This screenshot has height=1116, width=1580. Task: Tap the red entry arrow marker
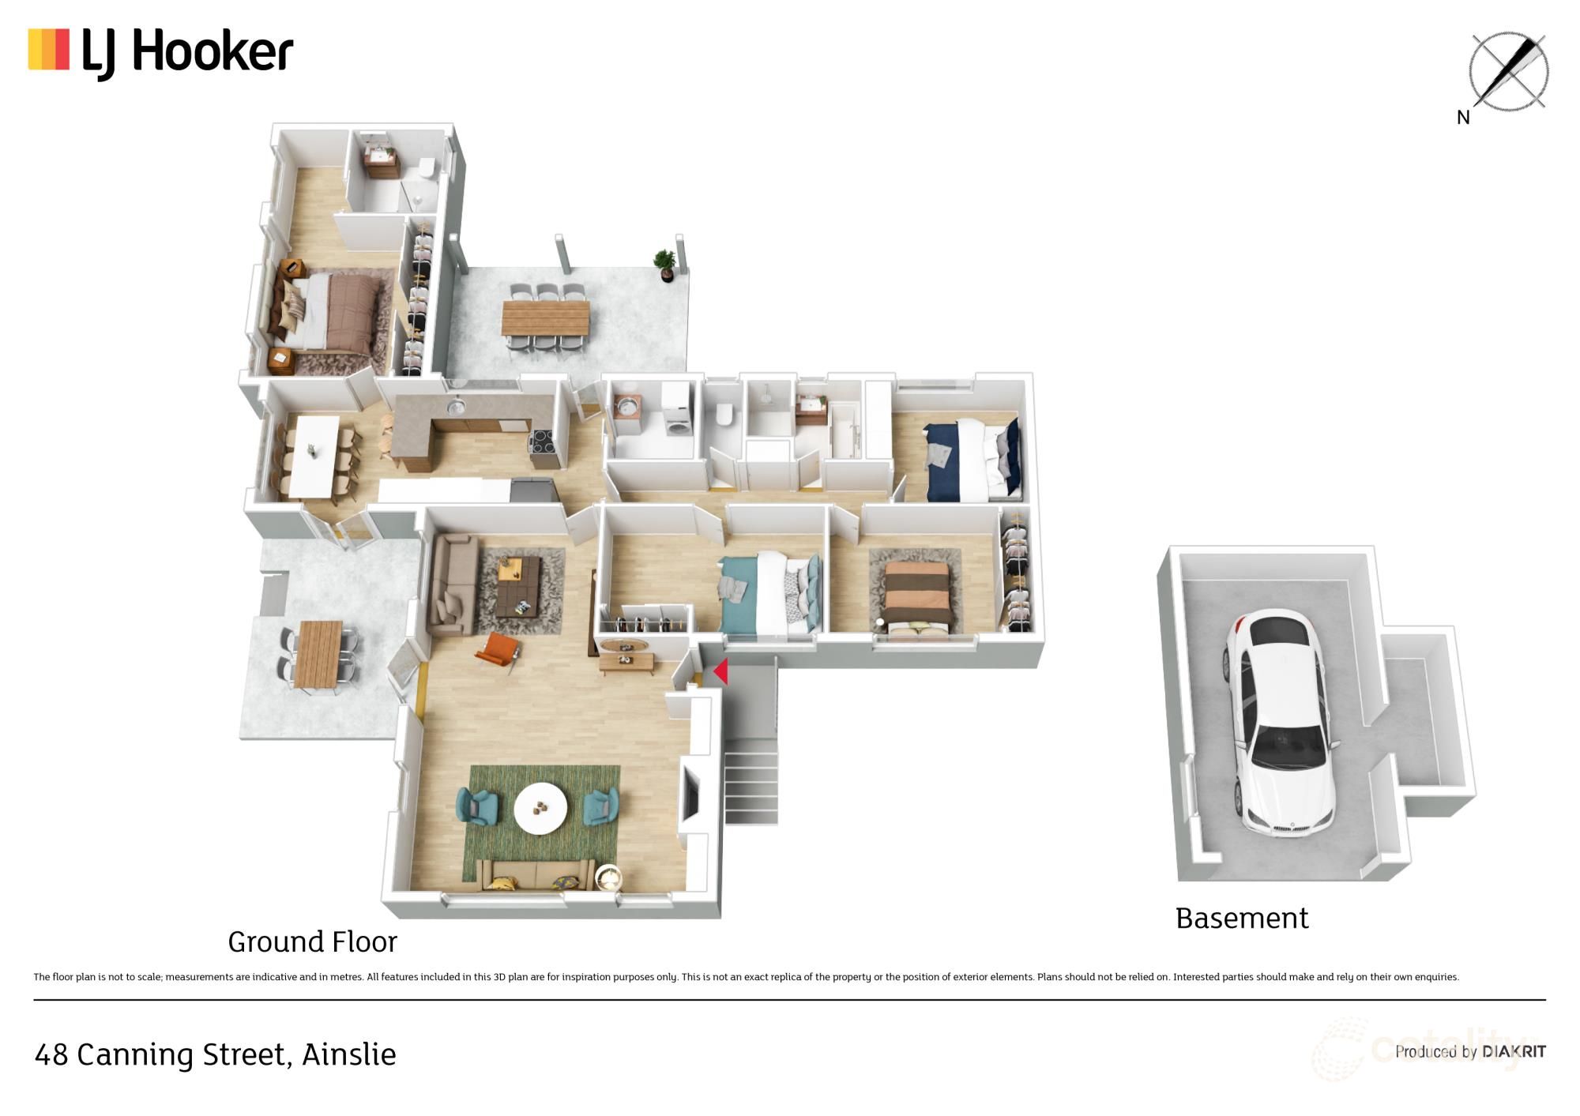click(720, 671)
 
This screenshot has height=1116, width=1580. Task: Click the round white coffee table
click(540, 808)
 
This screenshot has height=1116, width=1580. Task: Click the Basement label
click(1242, 919)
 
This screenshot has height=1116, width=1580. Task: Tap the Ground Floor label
click(312, 941)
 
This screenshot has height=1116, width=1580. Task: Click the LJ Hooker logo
click(160, 53)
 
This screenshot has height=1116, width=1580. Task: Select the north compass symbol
click(1507, 73)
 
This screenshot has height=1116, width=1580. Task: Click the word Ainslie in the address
click(349, 1054)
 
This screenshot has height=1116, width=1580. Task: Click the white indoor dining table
click(314, 457)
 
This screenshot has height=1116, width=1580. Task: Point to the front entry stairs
click(750, 785)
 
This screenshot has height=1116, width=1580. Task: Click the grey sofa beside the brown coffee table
click(453, 583)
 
